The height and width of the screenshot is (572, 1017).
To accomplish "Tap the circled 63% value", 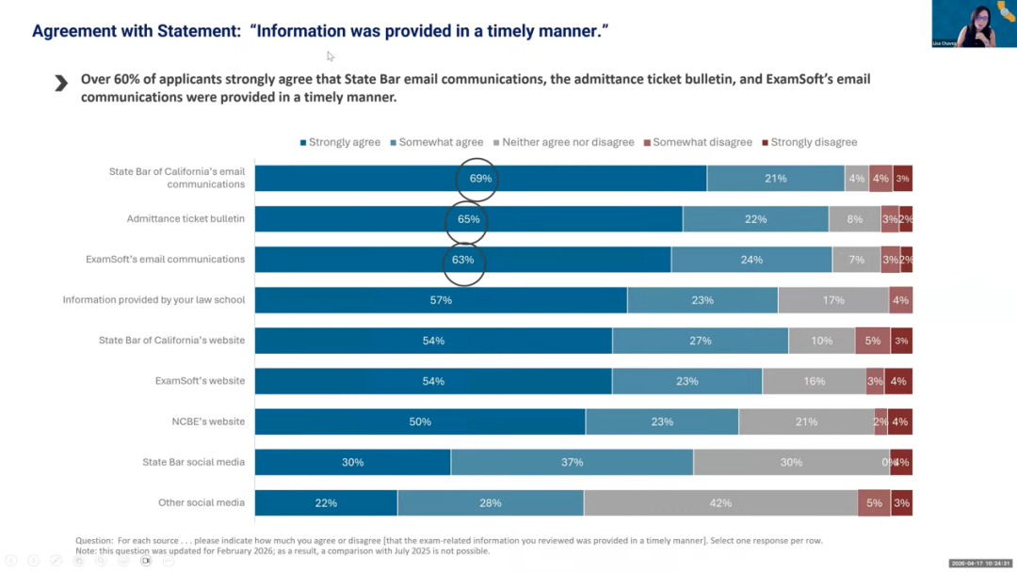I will click(x=463, y=260).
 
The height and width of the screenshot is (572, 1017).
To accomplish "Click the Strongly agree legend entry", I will click(x=340, y=142).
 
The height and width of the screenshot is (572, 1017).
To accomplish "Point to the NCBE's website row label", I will click(x=202, y=421).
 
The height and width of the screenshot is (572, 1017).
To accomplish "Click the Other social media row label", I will click(x=202, y=502).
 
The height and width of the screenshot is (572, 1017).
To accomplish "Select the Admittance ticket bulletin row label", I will click(x=186, y=219).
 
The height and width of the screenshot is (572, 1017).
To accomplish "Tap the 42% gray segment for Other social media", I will click(x=720, y=503).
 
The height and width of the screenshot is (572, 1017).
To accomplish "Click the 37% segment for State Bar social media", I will click(x=572, y=462).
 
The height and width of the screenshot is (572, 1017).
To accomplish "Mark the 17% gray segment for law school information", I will click(x=832, y=300).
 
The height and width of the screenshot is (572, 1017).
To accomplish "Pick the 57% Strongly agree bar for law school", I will click(x=441, y=300).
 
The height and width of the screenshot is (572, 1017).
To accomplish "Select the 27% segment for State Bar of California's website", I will click(x=700, y=341).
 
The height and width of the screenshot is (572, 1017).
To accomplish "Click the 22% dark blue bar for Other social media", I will click(x=326, y=503).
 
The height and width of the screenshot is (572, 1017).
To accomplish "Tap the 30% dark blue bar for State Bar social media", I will click(x=352, y=462).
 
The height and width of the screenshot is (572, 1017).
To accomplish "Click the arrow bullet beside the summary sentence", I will click(x=61, y=84).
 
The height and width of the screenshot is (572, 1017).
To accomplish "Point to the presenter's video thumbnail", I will click(x=974, y=24).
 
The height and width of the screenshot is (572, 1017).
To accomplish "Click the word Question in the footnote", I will click(x=93, y=541).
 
